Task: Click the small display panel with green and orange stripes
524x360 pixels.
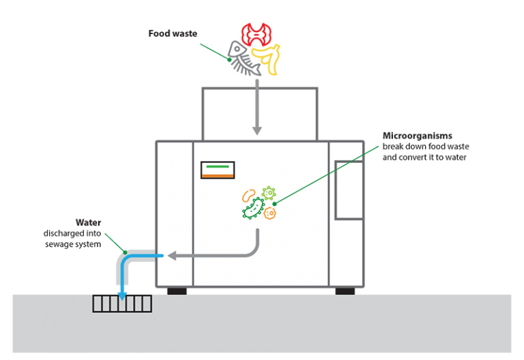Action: (217, 170)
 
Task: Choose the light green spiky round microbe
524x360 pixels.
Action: (268, 192)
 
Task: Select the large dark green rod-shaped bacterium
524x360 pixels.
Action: (253, 209)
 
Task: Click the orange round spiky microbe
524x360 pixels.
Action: (270, 213)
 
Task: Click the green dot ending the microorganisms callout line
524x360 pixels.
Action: (274, 202)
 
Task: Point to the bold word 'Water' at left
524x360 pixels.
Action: (88, 222)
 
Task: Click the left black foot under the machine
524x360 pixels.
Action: (177, 291)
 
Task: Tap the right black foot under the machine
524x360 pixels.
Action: (345, 291)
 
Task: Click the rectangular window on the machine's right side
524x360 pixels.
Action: (348, 190)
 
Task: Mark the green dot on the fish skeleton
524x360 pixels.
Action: (230, 59)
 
